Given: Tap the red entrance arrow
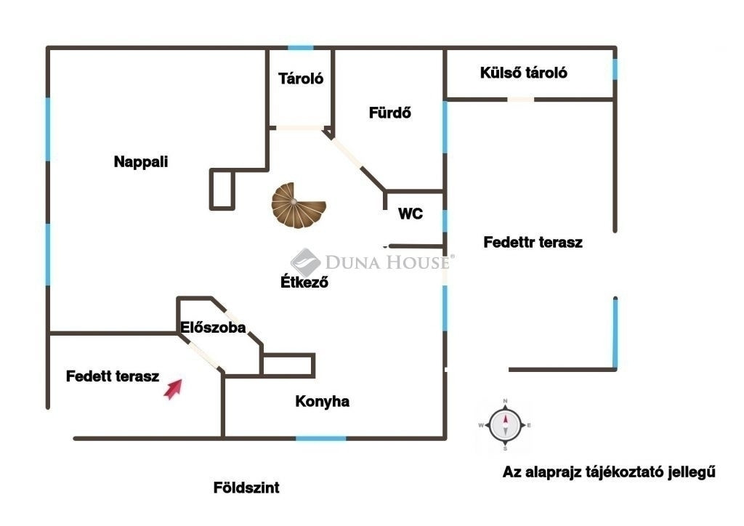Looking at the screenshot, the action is tap(173, 389).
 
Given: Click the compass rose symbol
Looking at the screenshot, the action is tap(505, 425).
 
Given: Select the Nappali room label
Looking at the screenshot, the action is tap(141, 162).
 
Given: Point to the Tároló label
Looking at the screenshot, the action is tap(301, 78).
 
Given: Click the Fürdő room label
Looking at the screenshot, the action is tap(390, 113).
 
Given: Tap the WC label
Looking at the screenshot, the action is tap(411, 214).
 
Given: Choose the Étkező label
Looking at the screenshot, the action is tap(304, 282).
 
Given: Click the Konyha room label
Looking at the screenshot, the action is tap(322, 401).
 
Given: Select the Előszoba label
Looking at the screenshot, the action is tap(213, 327).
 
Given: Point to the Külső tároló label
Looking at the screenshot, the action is tap(523, 73).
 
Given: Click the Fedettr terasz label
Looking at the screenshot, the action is tap(533, 242).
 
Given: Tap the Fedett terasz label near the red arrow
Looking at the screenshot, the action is tap(113, 376).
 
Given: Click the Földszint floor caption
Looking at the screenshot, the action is tap(246, 487).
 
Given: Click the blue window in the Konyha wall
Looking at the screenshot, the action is tap(321, 438).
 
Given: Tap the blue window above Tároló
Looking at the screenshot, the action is tap(301, 48).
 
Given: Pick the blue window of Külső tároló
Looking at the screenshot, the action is tap(615, 69).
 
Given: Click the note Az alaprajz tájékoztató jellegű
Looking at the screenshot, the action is tap(609, 472).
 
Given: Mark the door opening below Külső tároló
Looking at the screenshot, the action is tap(520, 100).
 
